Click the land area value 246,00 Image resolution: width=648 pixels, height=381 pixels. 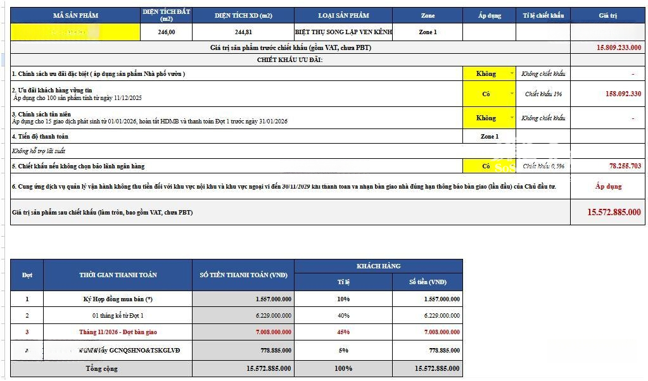point(167,32)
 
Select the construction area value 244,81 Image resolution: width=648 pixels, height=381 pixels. point(243,32)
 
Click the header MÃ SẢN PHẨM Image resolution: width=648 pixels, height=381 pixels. point(75,15)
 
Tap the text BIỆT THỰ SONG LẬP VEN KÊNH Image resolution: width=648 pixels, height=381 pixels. point(343,32)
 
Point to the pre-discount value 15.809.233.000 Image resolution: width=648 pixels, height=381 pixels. point(618,47)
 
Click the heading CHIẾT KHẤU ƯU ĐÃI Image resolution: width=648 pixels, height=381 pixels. point(289,59)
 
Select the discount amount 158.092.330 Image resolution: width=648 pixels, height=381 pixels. point(623,94)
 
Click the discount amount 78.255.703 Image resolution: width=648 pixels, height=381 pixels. point(625,166)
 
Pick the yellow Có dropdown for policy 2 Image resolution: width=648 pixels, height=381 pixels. point(489,94)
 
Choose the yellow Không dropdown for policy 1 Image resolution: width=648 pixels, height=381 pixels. point(489,73)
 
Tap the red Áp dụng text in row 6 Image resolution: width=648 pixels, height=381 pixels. point(608,186)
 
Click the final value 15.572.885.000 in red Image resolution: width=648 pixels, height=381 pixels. point(614,213)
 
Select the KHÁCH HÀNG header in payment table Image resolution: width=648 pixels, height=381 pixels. point(378,266)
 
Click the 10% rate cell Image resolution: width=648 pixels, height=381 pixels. point(343,299)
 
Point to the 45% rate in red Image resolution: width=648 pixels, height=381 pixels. point(343,332)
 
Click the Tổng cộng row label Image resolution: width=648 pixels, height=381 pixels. point(101,368)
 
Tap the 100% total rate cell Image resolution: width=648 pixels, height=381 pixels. point(343,368)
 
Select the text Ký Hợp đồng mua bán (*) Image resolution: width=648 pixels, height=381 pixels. point(118,299)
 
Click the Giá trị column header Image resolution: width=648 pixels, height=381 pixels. point(607,15)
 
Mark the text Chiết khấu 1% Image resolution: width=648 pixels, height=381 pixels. point(543,94)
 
